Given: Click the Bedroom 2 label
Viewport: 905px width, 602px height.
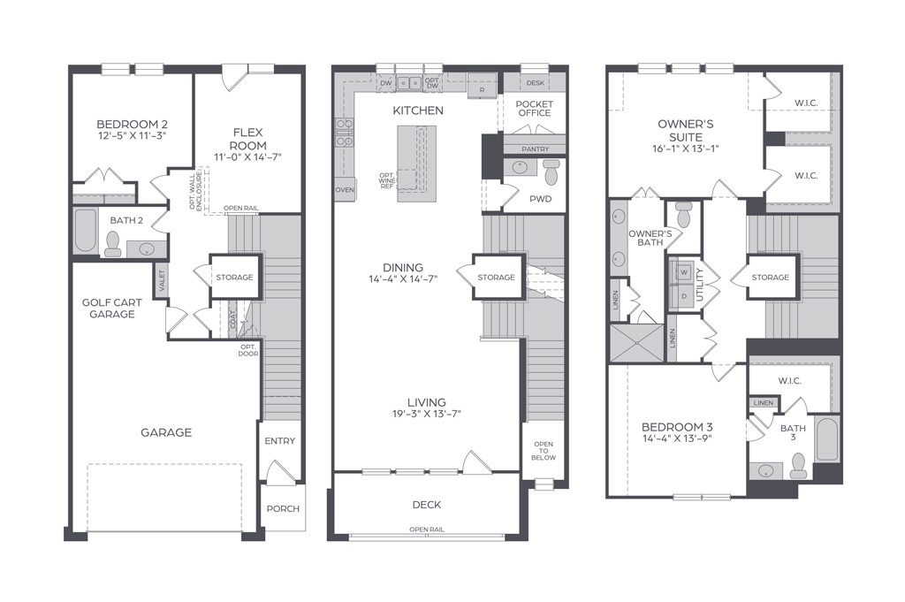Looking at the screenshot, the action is click(x=133, y=124).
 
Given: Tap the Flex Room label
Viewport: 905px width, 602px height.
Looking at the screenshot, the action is click(x=248, y=139).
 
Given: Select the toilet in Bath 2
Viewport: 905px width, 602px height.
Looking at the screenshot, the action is click(x=112, y=244).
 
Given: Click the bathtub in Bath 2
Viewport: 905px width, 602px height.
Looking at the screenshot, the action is click(x=86, y=231).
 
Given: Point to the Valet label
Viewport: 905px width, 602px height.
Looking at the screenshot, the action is click(x=162, y=280).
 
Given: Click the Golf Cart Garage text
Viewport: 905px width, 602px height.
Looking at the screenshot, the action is click(x=112, y=309).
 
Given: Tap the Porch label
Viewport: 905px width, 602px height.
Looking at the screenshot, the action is click(x=283, y=508).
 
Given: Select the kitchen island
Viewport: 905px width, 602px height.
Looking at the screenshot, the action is click(x=416, y=164).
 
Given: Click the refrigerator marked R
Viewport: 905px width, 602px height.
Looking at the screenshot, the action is click(x=482, y=86).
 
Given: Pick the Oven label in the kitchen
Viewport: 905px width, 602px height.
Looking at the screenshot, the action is click(x=345, y=190).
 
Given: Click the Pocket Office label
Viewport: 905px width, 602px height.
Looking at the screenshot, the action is click(x=535, y=109).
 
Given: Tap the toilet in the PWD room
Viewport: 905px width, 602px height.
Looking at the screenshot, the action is click(x=551, y=171).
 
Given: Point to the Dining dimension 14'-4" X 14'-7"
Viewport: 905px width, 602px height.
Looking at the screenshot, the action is click(x=403, y=279).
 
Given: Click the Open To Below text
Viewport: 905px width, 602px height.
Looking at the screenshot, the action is click(x=544, y=451).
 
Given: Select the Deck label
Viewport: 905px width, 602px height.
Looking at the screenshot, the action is click(x=427, y=505).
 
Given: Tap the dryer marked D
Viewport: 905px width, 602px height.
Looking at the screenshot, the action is click(x=685, y=296).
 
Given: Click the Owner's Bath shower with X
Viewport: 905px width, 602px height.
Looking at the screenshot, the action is click(x=636, y=343).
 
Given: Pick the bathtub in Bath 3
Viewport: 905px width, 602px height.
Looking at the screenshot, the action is click(x=826, y=438).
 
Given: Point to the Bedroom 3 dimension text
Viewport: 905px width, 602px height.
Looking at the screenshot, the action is click(x=677, y=438).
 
